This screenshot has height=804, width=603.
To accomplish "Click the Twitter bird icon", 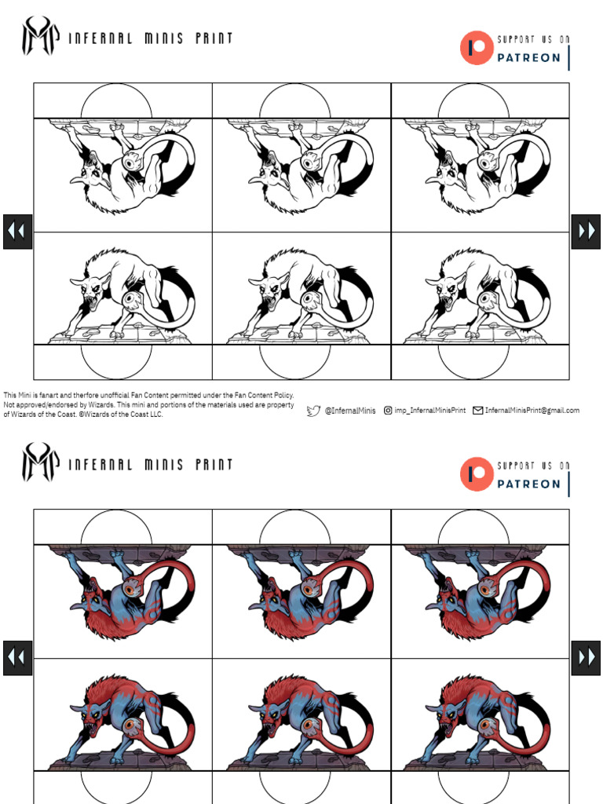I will pos(313,410).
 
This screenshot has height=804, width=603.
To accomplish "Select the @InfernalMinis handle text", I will pos(350,411).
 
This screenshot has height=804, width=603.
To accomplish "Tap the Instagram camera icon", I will pos(388,410).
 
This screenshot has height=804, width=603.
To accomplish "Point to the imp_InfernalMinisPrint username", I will pos(429,411).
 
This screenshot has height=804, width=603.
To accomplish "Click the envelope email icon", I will pos(477,410).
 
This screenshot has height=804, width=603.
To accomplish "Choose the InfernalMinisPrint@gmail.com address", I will pos(532,411).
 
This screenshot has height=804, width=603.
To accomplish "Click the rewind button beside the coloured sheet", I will pos(17,657).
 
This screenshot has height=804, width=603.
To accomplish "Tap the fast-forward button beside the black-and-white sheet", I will pos(586,232).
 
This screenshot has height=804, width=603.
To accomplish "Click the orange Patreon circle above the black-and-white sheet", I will pos(476,47).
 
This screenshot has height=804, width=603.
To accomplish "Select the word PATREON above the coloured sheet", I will pos(528,484).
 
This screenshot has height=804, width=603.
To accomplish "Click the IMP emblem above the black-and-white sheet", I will pos(39,36).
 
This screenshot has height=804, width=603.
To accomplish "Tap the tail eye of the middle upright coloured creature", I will pos(310,724).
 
